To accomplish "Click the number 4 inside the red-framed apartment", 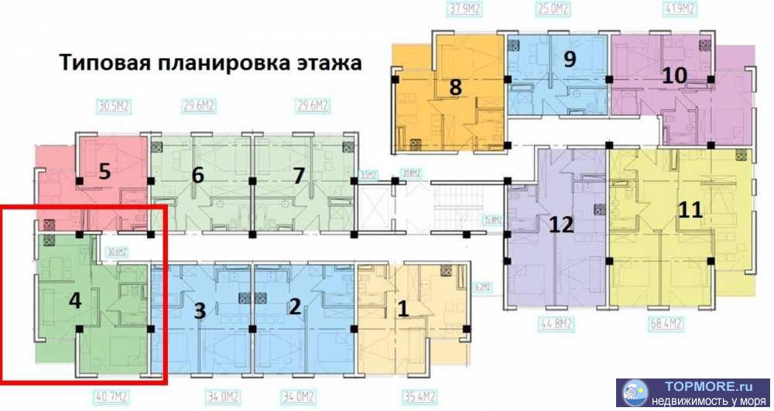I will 75,300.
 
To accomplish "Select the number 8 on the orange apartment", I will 455,87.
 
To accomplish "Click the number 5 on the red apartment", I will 105,170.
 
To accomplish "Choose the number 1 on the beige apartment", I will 402,308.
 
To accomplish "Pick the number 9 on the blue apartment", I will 570,59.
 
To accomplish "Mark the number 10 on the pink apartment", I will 674,75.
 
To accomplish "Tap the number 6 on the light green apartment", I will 198,175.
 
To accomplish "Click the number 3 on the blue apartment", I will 200,311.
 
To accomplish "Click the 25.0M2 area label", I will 554,11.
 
